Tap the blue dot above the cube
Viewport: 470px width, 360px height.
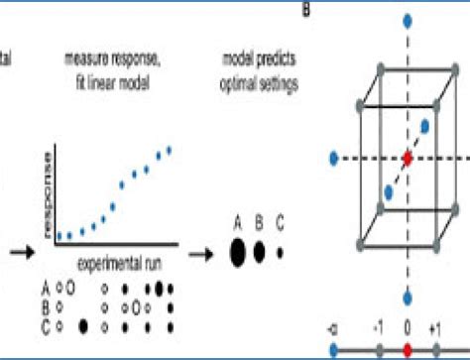(x=406, y=20)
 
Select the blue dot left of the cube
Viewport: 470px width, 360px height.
(x=334, y=157)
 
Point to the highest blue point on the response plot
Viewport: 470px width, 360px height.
(x=170, y=150)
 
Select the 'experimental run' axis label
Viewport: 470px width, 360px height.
(x=119, y=259)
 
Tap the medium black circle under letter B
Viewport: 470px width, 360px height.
(x=260, y=252)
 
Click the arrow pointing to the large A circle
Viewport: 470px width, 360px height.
(x=202, y=252)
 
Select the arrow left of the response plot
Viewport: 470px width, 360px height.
(x=16, y=252)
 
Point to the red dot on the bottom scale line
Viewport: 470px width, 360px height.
(x=406, y=349)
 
